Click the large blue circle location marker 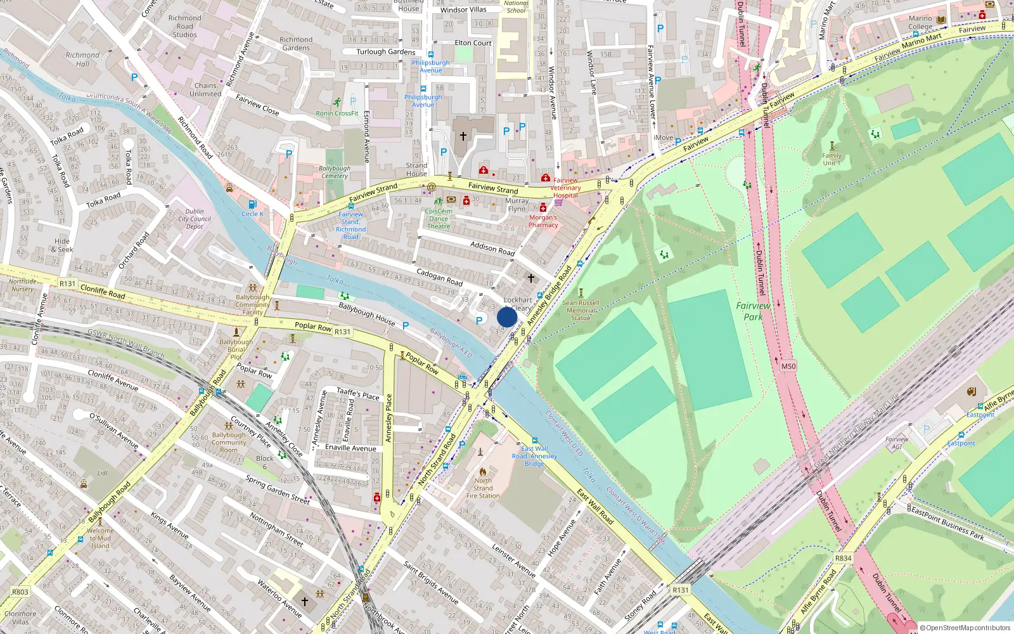tap(507, 317)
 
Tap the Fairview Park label tap(753, 311)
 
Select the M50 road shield tap(788, 366)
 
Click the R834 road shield tap(843, 558)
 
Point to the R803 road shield tap(20, 592)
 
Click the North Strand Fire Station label tap(483, 488)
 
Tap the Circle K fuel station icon tap(253, 204)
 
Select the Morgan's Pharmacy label tap(543, 221)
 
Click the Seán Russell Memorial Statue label tap(581, 310)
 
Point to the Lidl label tap(103, 473)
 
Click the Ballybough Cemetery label tap(334, 172)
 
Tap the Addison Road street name tap(492, 248)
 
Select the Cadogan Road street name tap(439, 277)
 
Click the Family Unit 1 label tap(831, 159)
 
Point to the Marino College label tap(920, 23)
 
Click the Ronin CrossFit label tap(337, 113)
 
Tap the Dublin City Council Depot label tap(195, 219)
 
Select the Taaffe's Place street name tap(357, 394)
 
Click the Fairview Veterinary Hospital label tap(565, 188)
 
